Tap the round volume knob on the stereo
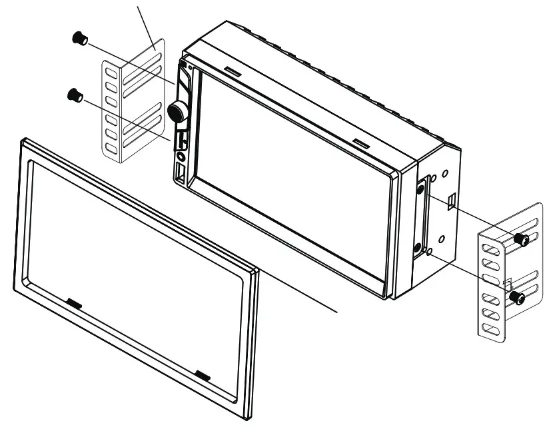(178, 113)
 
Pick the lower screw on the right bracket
(516, 298)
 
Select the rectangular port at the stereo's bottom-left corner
(181, 175)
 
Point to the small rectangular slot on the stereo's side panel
(452, 199)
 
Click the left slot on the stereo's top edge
(233, 70)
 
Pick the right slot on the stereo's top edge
(360, 143)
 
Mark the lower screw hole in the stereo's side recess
(418, 248)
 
